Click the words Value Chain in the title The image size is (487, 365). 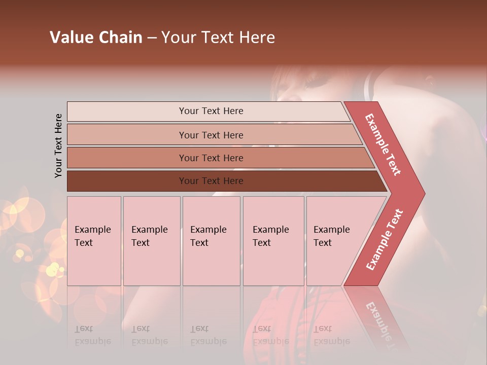[96, 38]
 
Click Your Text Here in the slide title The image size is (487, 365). [218, 38]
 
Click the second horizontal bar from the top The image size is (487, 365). [211, 135]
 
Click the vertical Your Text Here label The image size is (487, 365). [58, 145]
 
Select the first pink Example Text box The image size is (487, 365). [94, 241]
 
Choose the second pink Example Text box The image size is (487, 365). [151, 241]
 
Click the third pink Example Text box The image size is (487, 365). [211, 241]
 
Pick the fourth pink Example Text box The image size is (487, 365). [273, 241]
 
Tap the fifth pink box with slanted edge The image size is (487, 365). [335, 241]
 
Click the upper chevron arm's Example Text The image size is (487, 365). [383, 144]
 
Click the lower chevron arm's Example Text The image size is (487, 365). [384, 240]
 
